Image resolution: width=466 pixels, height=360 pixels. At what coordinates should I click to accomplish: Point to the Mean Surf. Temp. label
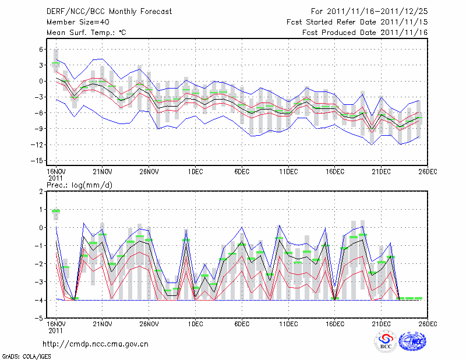(x=86, y=33)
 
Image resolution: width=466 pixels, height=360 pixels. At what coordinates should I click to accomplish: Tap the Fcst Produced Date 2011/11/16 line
(x=365, y=33)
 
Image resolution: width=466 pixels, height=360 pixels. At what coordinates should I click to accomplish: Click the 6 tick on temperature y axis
(x=41, y=50)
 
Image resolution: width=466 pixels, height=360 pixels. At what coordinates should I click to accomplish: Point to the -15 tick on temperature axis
(x=38, y=160)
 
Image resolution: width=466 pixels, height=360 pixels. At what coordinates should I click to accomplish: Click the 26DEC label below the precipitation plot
(x=428, y=323)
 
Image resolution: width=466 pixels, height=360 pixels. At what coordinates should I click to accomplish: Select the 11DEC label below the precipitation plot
(x=288, y=323)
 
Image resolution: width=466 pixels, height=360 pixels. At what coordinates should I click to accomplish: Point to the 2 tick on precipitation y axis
(x=41, y=191)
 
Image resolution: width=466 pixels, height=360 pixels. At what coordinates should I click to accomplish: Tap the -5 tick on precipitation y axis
(x=40, y=319)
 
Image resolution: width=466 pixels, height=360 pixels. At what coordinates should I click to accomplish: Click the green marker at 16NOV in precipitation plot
(x=56, y=211)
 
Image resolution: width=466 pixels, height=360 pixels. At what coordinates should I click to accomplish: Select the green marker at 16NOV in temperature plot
(x=56, y=63)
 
